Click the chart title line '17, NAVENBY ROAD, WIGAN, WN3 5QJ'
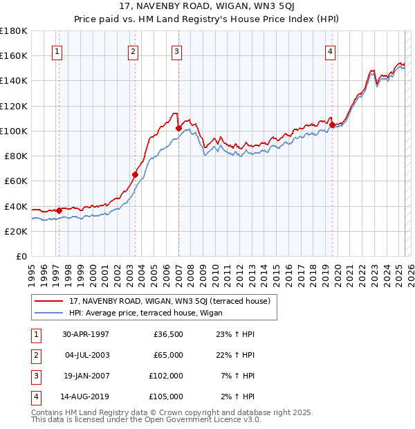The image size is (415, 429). click(x=207, y=7)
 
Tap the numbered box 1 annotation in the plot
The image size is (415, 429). click(x=56, y=51)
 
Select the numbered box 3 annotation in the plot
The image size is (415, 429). click(x=177, y=51)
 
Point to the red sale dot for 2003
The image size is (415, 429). click(x=135, y=174)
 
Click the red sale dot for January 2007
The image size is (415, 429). click(x=178, y=128)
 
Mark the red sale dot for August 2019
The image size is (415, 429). click(x=332, y=125)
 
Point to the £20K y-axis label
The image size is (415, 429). click(x=15, y=231)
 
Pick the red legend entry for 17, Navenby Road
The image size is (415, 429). click(x=173, y=301)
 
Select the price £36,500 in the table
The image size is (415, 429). click(x=168, y=334)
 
